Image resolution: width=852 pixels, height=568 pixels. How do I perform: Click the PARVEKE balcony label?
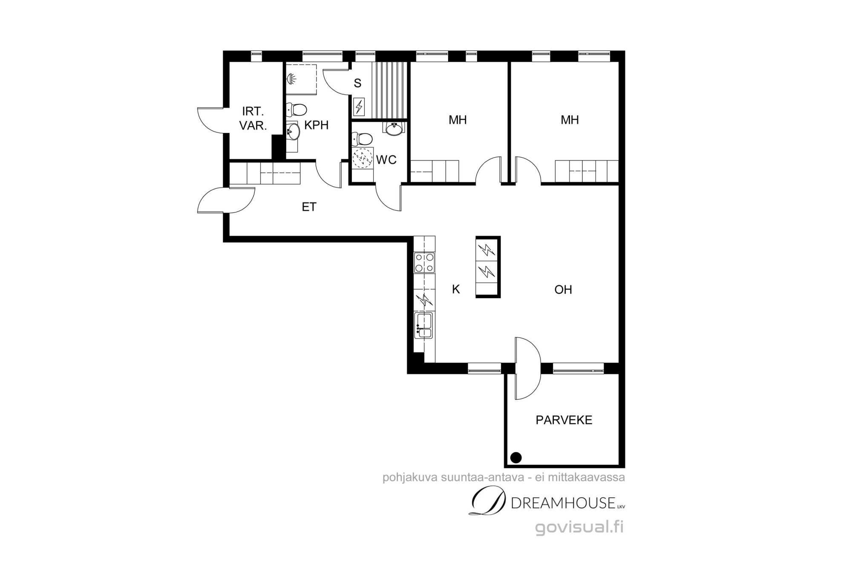pyautogui.click(x=564, y=420)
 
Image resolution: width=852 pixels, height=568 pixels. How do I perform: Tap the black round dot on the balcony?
pyautogui.click(x=516, y=458)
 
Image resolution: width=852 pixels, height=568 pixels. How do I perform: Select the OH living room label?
pyautogui.click(x=563, y=290)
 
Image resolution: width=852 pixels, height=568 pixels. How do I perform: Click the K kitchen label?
pyautogui.click(x=456, y=289)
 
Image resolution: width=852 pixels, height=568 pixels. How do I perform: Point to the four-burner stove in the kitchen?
pyautogui.click(x=424, y=262)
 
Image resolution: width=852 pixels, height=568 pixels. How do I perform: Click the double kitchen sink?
pyautogui.click(x=423, y=326)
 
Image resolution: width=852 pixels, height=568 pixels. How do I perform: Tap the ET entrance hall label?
pyautogui.click(x=309, y=207)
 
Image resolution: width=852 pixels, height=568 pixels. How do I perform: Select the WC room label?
pyautogui.click(x=386, y=160)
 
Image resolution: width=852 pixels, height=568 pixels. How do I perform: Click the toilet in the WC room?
pyautogui.click(x=362, y=139)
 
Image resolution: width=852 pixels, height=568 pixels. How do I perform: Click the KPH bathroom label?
pyautogui.click(x=316, y=125)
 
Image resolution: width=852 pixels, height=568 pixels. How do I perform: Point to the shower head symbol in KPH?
pyautogui.click(x=291, y=79)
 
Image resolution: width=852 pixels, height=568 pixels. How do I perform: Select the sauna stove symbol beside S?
pyautogui.click(x=359, y=107)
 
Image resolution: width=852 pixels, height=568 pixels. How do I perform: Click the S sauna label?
pyautogui.click(x=357, y=84)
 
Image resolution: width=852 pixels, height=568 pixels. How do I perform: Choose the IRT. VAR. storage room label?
pyautogui.click(x=253, y=118)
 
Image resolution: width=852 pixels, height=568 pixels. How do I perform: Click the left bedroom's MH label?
pyautogui.click(x=458, y=120)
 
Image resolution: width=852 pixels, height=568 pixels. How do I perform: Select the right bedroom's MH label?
pyautogui.click(x=570, y=120)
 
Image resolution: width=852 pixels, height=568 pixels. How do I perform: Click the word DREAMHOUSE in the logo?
pyautogui.click(x=563, y=503)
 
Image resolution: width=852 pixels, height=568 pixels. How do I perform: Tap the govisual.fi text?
pyautogui.click(x=579, y=528)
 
